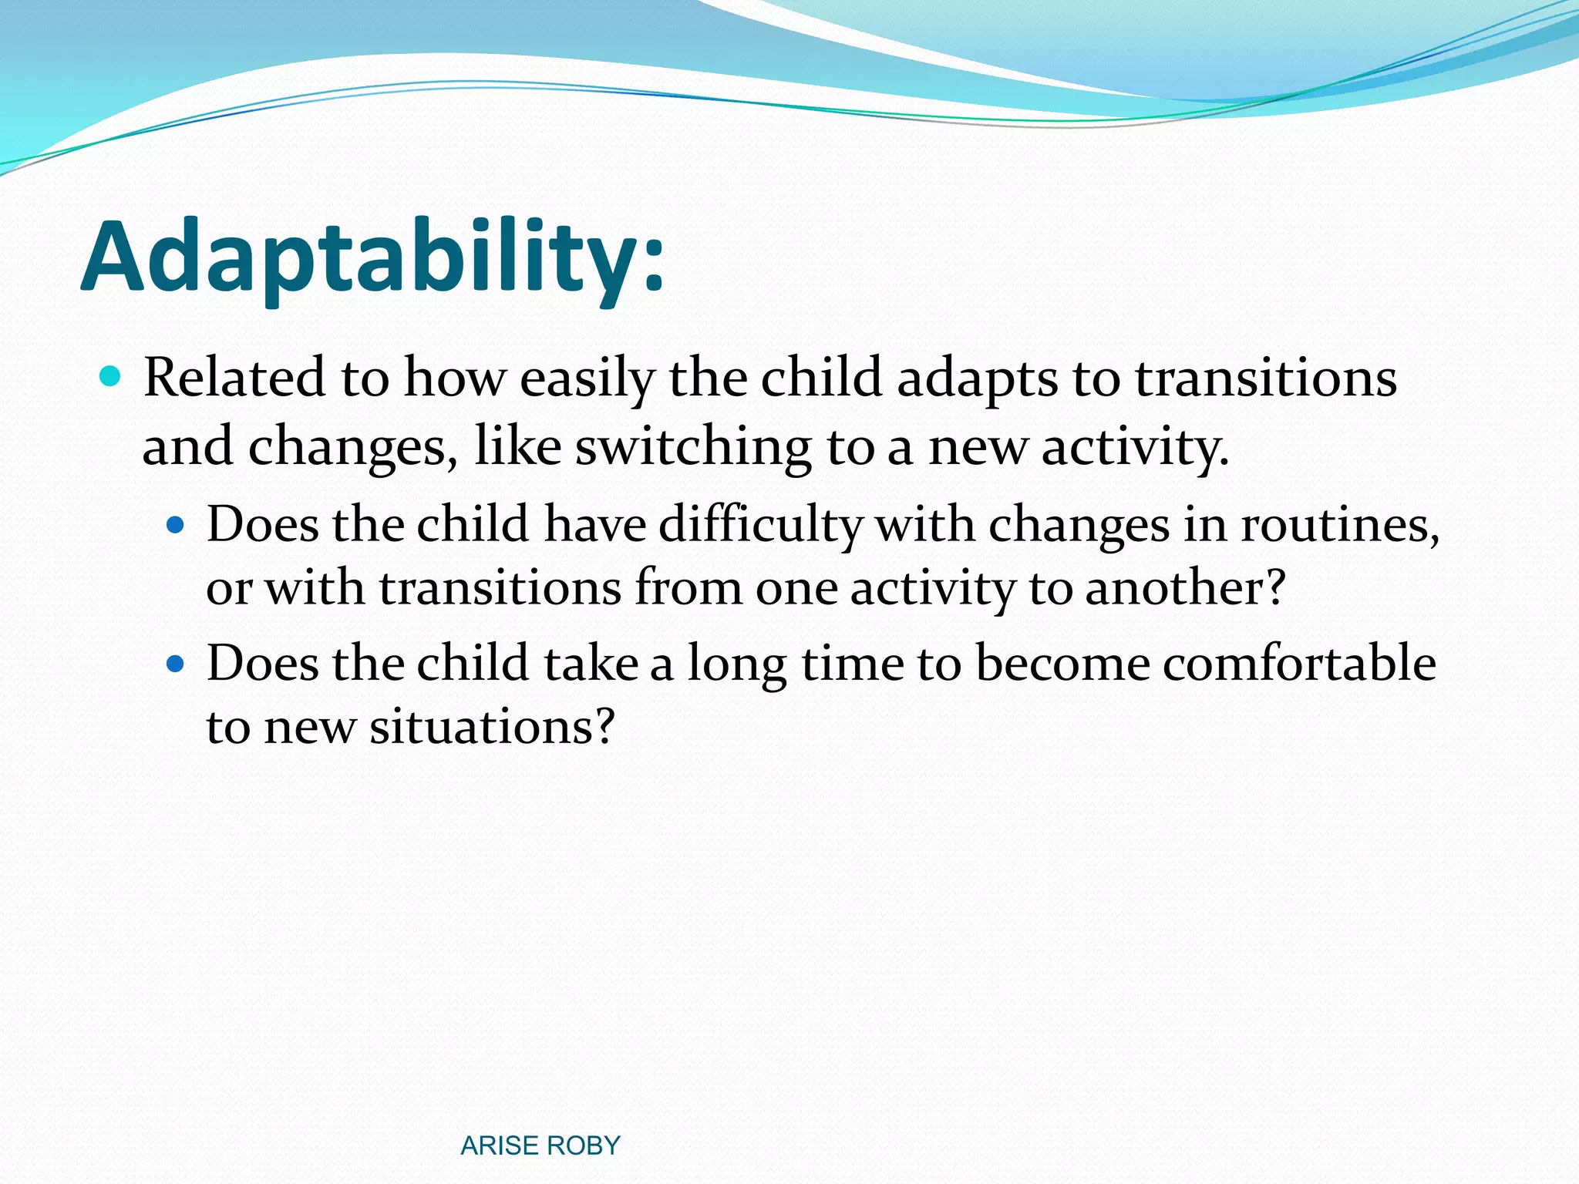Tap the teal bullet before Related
pyautogui.click(x=111, y=377)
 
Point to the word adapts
pyautogui.click(x=977, y=379)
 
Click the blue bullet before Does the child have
pyautogui.click(x=177, y=526)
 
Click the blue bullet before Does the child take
pyautogui.click(x=177, y=663)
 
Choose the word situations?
pyautogui.click(x=492, y=726)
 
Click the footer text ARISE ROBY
pyautogui.click(x=540, y=1145)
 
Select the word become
pyautogui.click(x=1062, y=663)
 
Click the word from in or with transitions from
pyautogui.click(x=688, y=588)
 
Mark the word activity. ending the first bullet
pyautogui.click(x=1135, y=448)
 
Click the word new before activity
pyautogui.click(x=977, y=448)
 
